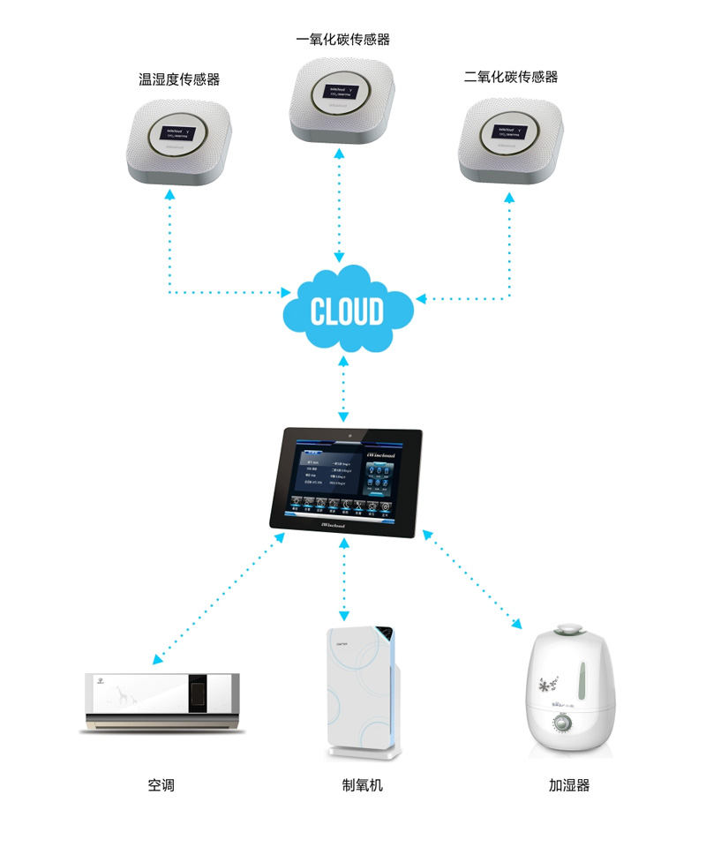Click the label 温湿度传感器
pos(179,79)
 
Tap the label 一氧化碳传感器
pos(343,40)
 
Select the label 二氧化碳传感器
pos(511,77)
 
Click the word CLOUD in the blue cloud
pos(347,311)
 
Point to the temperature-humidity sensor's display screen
pos(180,133)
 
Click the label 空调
pos(161,784)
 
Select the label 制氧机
pos(363,784)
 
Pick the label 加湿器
pos(568,784)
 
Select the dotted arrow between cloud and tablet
pos(343,389)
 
